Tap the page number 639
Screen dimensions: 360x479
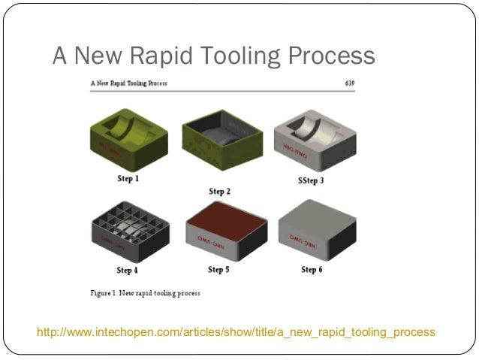click(x=348, y=82)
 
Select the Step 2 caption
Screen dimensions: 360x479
click(x=219, y=191)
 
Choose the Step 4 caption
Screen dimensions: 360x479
click(x=127, y=269)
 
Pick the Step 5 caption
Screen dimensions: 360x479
click(x=219, y=269)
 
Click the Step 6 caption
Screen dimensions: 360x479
click(x=312, y=269)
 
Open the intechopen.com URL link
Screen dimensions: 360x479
click(x=236, y=331)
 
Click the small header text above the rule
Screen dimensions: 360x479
click(x=128, y=82)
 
